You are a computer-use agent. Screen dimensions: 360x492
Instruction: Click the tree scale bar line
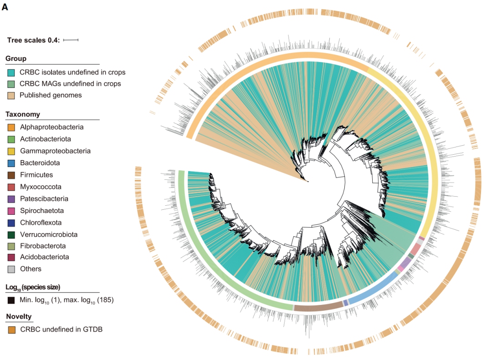tap(71, 40)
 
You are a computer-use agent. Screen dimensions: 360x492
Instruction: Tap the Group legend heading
tap(16, 59)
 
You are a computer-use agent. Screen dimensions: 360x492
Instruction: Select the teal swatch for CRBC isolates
tap(11, 72)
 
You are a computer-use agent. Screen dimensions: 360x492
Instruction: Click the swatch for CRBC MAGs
tap(11, 84)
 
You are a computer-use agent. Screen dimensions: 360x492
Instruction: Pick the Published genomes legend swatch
tap(11, 96)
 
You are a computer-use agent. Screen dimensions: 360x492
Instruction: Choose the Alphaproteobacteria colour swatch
tap(11, 127)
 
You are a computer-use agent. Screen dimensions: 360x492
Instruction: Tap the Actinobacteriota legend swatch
tap(11, 139)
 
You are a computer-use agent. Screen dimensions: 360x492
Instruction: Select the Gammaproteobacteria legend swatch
tap(11, 151)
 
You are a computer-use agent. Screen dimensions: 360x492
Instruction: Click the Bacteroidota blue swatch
tap(11, 163)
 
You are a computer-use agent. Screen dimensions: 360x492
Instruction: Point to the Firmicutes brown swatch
tap(11, 175)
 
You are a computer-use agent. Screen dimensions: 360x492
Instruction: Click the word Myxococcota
tap(41, 187)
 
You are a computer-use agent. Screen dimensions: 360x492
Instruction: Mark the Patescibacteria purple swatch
tap(11, 199)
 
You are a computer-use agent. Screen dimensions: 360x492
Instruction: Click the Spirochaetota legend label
tap(42, 211)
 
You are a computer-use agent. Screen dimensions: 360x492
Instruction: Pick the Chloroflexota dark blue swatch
tap(11, 223)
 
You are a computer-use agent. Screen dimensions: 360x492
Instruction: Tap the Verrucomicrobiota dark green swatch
tap(11, 235)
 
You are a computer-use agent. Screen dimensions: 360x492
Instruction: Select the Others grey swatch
tap(11, 269)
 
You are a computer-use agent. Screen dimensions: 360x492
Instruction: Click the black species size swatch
tap(11, 300)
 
